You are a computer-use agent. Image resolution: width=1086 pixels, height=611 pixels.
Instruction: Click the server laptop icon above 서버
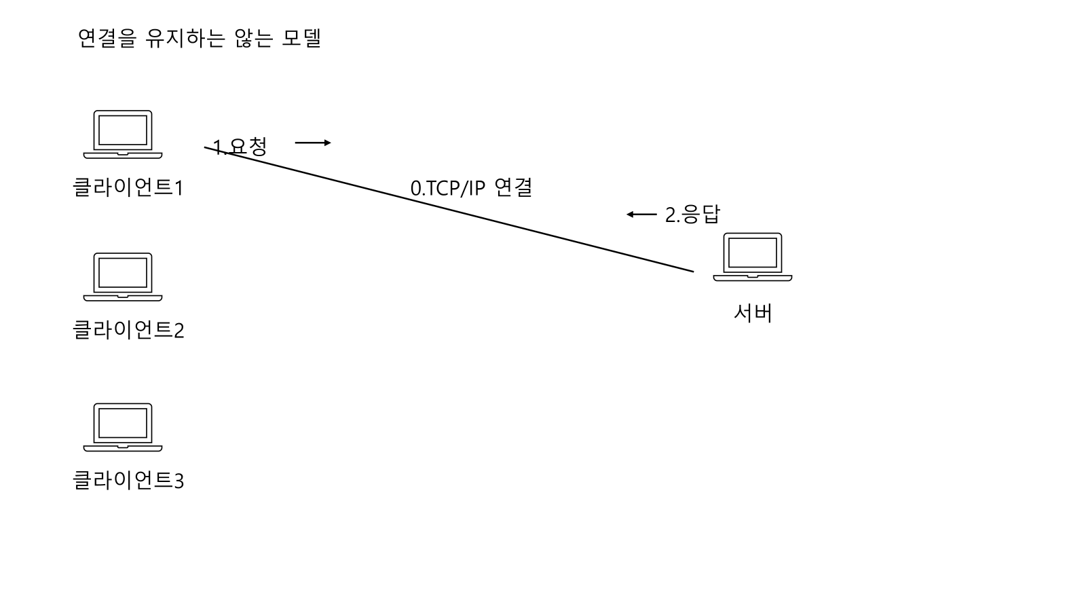click(752, 257)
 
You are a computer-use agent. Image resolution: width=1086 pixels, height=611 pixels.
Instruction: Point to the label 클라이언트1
click(128, 187)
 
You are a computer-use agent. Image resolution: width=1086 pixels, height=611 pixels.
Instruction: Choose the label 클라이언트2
click(128, 330)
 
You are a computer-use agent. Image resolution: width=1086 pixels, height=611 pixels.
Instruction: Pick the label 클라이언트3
click(128, 481)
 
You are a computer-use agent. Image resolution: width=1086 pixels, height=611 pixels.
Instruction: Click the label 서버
click(753, 312)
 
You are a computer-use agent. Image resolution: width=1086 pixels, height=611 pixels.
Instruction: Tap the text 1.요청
click(240, 147)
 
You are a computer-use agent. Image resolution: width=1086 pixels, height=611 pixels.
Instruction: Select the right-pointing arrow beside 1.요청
click(313, 143)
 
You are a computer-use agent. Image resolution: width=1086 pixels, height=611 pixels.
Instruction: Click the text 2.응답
click(692, 215)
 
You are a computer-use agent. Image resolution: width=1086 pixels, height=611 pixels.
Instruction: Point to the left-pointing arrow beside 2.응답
click(641, 215)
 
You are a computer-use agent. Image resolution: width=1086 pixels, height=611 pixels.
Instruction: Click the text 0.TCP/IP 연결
click(471, 187)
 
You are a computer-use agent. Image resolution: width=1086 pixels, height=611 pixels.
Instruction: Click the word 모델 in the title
click(301, 38)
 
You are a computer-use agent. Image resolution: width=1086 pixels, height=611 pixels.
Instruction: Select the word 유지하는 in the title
click(188, 38)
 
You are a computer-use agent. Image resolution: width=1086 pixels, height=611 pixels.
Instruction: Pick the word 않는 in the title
click(253, 38)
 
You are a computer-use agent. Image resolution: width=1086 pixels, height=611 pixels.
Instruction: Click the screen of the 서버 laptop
click(752, 253)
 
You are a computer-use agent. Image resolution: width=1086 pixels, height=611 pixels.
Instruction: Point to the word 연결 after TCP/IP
click(513, 187)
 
